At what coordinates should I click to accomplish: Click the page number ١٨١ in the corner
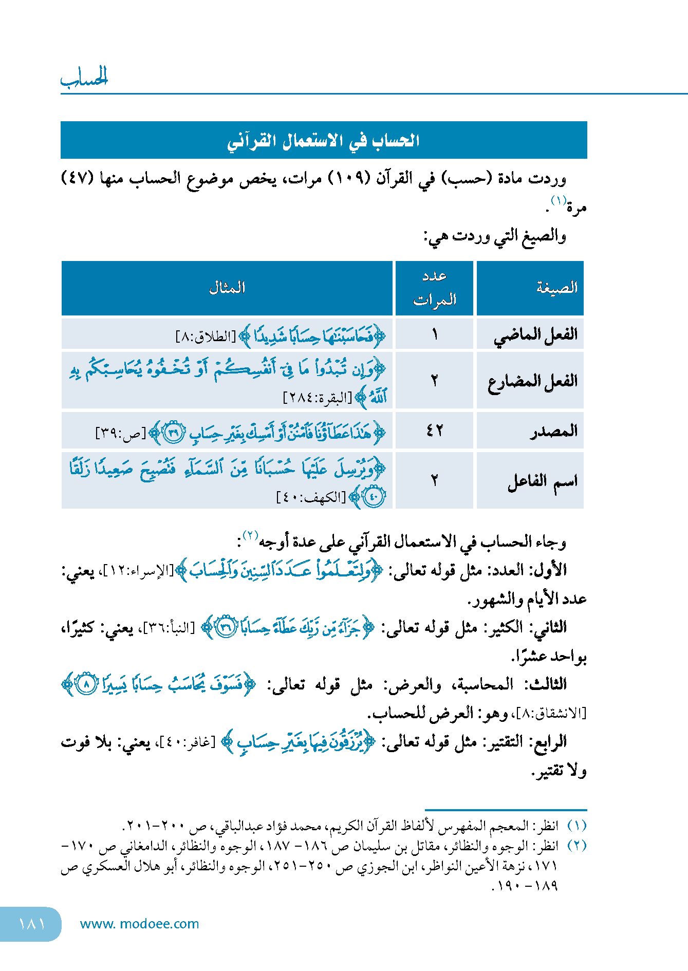pos(32,924)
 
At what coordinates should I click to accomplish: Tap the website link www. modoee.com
pos(139,924)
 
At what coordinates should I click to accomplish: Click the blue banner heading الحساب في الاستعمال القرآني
pos(324,140)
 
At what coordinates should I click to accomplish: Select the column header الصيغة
pos(557,288)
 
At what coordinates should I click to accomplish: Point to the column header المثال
pos(227,288)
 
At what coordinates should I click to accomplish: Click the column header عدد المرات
pos(435,288)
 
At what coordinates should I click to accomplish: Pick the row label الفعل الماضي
pos(535,335)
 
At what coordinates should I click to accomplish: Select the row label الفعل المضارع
pos(533,381)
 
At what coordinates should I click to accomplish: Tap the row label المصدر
pos(554,431)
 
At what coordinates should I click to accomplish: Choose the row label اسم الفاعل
pos(543,481)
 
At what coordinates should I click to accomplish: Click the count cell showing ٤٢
pos(435,431)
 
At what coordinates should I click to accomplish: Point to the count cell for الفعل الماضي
pos(435,335)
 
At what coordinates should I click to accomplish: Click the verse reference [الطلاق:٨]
pos(206,337)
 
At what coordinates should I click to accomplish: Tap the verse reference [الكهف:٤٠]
pos(311,497)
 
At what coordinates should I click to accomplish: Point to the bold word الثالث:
pos(546,684)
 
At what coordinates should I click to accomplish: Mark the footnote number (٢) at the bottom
pos(577,845)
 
